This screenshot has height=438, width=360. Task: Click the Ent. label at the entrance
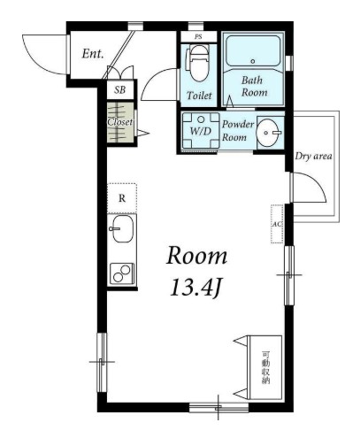(93, 54)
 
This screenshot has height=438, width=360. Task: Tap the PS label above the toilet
(198, 37)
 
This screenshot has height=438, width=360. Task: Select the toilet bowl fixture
(198, 63)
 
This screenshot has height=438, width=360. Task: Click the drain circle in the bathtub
(252, 61)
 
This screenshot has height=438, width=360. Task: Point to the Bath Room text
(254, 86)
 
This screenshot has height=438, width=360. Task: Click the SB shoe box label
(120, 89)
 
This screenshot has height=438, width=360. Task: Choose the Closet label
(119, 122)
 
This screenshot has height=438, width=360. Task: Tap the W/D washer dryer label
(201, 131)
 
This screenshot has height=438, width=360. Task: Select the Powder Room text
(237, 131)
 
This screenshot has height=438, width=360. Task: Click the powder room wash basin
(269, 133)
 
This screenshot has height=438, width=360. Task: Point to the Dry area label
(313, 156)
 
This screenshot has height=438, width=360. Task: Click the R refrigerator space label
(122, 198)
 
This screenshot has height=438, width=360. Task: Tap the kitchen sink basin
(123, 228)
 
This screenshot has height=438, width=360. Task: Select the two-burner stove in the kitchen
(122, 273)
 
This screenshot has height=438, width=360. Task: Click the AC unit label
(277, 224)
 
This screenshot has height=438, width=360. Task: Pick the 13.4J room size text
(195, 288)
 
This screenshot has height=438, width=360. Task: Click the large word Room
(196, 256)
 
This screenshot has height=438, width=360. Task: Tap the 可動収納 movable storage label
(265, 367)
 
